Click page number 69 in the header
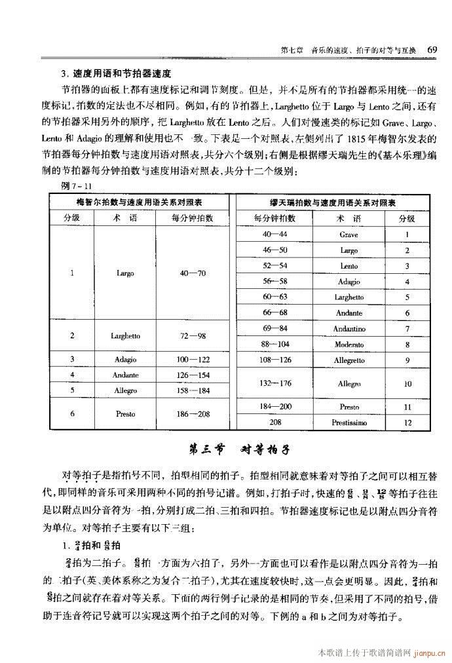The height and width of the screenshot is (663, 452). (432, 50)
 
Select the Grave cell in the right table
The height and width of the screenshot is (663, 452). (348, 234)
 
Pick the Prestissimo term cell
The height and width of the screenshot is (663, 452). (348, 423)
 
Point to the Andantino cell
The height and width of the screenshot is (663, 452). (348, 329)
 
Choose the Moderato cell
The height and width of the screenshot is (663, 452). (348, 345)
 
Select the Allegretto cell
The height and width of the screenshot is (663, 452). (348, 360)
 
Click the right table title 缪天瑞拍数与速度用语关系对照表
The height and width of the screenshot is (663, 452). (336, 202)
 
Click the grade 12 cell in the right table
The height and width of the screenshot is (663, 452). (407, 423)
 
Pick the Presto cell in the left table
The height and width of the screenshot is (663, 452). (125, 414)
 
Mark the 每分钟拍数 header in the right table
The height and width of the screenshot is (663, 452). (275, 218)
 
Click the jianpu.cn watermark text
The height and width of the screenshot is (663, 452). (426, 653)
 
